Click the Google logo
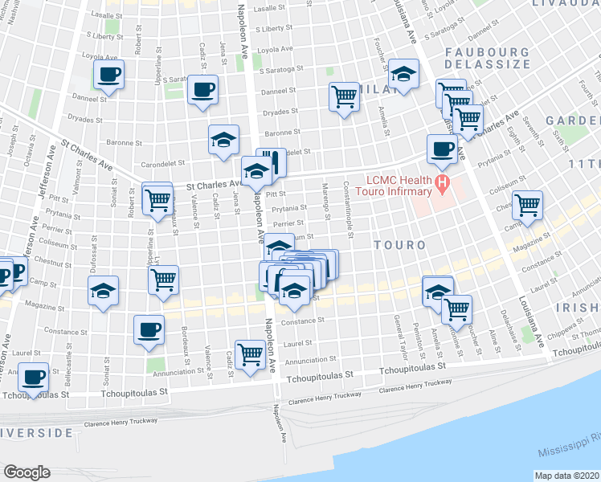tap(27, 472)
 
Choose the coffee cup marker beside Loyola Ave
tap(108, 76)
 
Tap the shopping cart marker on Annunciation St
tap(251, 353)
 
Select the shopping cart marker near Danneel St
tap(345, 96)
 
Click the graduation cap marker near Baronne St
tap(223, 139)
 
